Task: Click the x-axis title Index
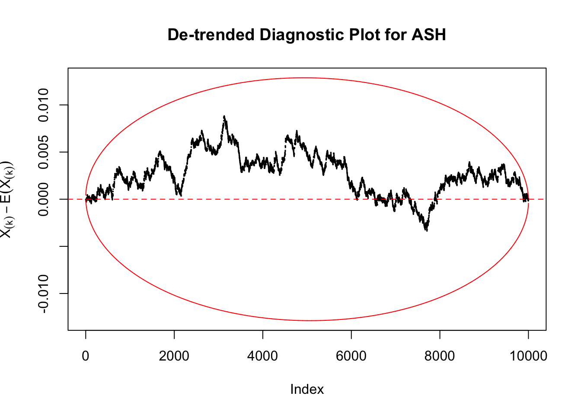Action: click(307, 389)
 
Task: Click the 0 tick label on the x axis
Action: click(86, 356)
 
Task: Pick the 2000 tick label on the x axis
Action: click(174, 356)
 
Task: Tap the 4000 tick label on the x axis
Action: click(263, 356)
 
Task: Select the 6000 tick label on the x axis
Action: click(351, 356)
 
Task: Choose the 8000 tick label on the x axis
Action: click(440, 356)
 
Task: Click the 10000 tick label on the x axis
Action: click(528, 356)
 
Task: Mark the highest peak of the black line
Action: click(224, 116)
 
